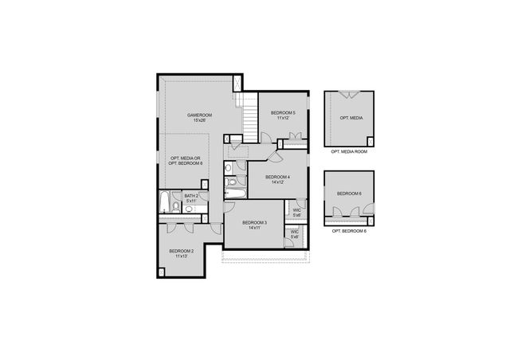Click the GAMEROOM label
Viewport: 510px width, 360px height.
point(199,115)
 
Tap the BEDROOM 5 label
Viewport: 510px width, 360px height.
point(282,113)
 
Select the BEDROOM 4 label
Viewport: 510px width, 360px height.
point(277,177)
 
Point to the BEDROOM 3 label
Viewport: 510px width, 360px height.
point(254,222)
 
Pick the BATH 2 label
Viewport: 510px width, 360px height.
point(191,196)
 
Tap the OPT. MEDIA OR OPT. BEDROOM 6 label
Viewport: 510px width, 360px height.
point(186,161)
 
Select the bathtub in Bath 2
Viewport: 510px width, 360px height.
point(165,204)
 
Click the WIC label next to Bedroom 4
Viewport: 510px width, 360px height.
point(296,210)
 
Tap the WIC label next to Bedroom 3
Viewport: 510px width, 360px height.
point(294,232)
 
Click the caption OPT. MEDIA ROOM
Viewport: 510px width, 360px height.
point(349,151)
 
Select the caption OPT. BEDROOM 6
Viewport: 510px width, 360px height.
point(349,230)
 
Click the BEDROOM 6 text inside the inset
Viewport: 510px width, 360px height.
point(349,194)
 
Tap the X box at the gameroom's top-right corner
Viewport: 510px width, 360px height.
point(237,82)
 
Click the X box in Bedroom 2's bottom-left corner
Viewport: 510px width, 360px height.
point(163,272)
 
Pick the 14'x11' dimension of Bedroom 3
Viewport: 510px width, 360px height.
point(254,228)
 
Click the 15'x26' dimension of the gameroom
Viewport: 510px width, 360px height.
point(199,121)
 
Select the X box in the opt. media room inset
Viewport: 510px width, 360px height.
point(369,141)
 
